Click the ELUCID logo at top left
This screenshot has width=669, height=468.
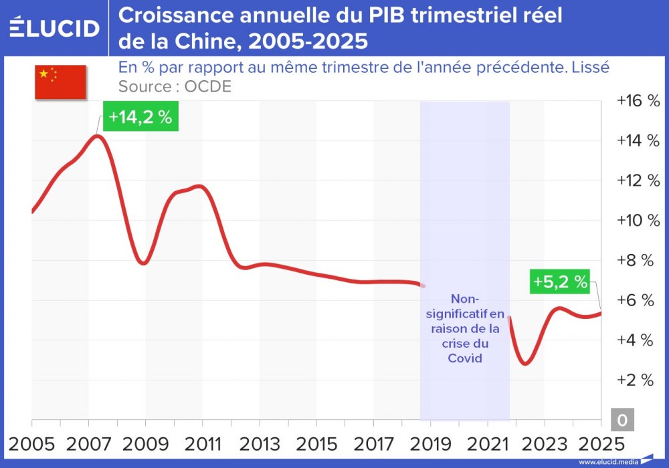(x=54, y=27)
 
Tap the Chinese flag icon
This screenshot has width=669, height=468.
(x=60, y=82)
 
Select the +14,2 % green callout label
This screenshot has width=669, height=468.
(x=140, y=117)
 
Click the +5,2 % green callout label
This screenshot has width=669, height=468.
(x=560, y=282)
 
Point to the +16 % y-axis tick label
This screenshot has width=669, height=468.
(x=638, y=101)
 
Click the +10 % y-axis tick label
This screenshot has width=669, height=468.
(x=638, y=221)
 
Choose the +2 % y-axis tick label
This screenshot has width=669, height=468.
(x=638, y=380)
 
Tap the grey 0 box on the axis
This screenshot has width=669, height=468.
(x=622, y=419)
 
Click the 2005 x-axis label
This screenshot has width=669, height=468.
(x=32, y=443)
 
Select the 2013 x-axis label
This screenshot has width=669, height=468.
(x=260, y=443)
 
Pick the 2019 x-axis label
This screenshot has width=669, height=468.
(x=429, y=443)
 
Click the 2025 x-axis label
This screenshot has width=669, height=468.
(x=599, y=443)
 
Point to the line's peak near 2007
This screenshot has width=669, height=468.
(x=97, y=136)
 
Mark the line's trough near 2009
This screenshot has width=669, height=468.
(x=142, y=263)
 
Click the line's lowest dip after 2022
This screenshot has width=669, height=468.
(x=526, y=363)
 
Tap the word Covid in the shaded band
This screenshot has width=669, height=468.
(x=464, y=358)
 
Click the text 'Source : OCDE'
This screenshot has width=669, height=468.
(x=175, y=87)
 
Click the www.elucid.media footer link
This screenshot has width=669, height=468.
(x=607, y=462)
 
